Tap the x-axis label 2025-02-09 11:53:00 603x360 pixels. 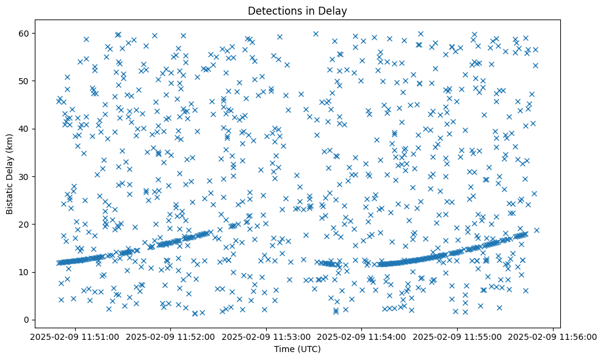pyautogui.click(x=266, y=337)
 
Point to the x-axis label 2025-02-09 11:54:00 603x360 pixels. pyautogui.click(x=362, y=337)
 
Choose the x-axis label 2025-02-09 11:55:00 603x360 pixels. pyautogui.click(x=458, y=337)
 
